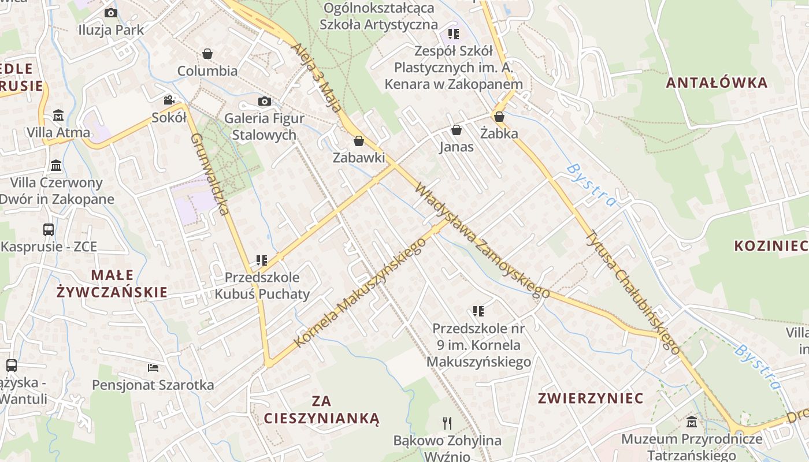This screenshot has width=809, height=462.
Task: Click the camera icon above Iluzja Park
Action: pyautogui.click(x=111, y=13)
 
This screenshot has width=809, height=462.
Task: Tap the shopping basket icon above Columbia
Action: pyautogui.click(x=207, y=54)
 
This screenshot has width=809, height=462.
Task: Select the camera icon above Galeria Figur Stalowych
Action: pyautogui.click(x=264, y=102)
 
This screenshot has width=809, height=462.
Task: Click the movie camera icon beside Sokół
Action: pyautogui.click(x=169, y=100)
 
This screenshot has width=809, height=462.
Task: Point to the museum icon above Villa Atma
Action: pyautogui.click(x=58, y=115)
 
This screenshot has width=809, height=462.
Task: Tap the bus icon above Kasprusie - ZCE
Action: pyautogui.click(x=49, y=230)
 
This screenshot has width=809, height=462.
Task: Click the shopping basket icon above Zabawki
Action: pyautogui.click(x=359, y=141)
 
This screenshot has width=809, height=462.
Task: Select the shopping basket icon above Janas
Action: pyautogui.click(x=457, y=130)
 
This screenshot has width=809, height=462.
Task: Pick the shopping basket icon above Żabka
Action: pyautogui.click(x=499, y=117)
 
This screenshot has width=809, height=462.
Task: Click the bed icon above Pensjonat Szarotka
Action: pyautogui.click(x=153, y=368)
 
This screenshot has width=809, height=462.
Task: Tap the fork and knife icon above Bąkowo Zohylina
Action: pyautogui.click(x=447, y=423)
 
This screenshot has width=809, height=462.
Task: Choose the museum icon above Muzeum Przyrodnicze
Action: pyautogui.click(x=692, y=422)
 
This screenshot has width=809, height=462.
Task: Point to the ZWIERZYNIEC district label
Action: pyautogui.click(x=591, y=398)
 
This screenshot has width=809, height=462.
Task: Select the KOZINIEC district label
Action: pyautogui.click(x=771, y=246)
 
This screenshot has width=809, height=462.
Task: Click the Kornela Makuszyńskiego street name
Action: pyautogui.click(x=360, y=292)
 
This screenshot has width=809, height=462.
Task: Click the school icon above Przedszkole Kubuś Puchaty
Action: pyautogui.click(x=262, y=260)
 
